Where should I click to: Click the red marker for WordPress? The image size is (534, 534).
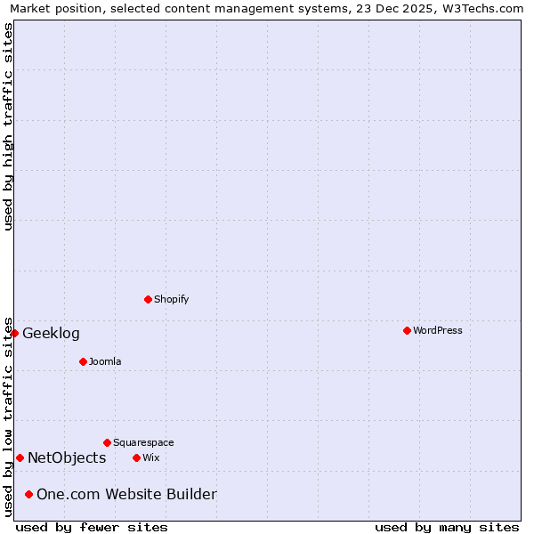point(407,330)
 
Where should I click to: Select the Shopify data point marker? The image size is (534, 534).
point(148,299)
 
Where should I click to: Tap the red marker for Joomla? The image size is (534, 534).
point(83,361)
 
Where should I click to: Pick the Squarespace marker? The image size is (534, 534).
point(107,442)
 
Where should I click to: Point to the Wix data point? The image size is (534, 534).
point(136,457)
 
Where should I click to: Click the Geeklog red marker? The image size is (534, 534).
point(14,333)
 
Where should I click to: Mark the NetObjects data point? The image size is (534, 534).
point(20,457)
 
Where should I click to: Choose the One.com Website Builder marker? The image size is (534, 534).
point(28,494)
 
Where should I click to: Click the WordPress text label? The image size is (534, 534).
point(437,330)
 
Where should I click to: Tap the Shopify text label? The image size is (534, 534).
point(171,299)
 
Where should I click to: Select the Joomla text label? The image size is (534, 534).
point(105,361)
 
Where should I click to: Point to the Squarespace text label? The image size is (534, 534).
point(143,442)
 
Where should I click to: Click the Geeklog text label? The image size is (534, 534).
point(51,334)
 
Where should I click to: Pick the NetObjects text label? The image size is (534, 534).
point(67,458)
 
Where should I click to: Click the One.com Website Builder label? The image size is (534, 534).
point(126,495)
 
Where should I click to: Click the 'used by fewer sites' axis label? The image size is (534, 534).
point(92,528)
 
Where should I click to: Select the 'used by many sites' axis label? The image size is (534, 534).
point(447,528)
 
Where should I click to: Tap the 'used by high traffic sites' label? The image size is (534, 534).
point(8,126)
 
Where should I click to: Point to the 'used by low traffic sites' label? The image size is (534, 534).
point(8,417)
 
